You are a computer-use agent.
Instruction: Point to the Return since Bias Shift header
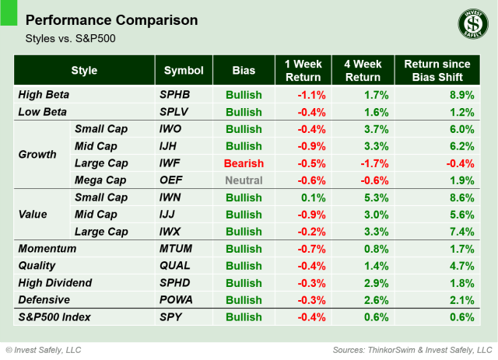(437, 71)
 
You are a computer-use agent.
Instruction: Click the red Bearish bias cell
(244, 163)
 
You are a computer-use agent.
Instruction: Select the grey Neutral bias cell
(244, 180)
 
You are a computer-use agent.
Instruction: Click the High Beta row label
(44, 95)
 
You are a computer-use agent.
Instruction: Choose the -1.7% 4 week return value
(370, 163)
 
